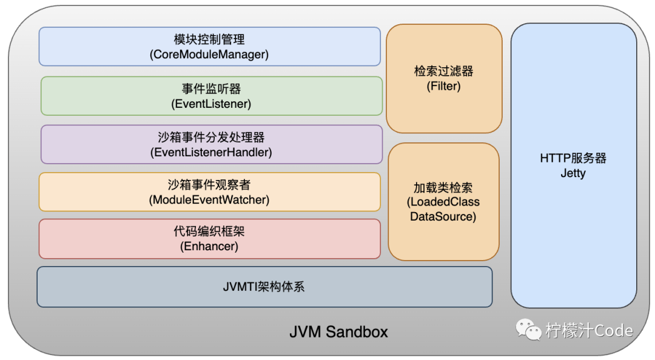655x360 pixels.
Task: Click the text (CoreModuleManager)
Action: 209,55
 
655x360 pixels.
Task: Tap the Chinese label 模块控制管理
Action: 209,39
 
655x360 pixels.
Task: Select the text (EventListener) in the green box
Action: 211,104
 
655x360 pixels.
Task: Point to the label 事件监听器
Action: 211,88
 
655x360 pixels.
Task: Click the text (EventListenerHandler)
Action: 211,152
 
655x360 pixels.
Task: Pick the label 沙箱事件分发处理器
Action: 211,137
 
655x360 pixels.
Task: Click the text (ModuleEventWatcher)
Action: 209,199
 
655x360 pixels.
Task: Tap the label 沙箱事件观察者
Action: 209,184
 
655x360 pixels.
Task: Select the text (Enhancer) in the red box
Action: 209,246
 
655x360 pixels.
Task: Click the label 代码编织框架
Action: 209,232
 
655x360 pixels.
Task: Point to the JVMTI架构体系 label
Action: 264,287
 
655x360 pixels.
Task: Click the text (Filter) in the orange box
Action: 444,86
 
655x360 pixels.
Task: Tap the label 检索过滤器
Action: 444,71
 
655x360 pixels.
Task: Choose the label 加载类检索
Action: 443,187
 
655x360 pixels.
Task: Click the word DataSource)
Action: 443,216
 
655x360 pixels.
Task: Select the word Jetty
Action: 573,173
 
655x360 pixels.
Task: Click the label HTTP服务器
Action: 573,158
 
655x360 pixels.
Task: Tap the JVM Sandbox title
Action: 338,332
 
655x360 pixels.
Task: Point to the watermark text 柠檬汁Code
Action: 589,330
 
